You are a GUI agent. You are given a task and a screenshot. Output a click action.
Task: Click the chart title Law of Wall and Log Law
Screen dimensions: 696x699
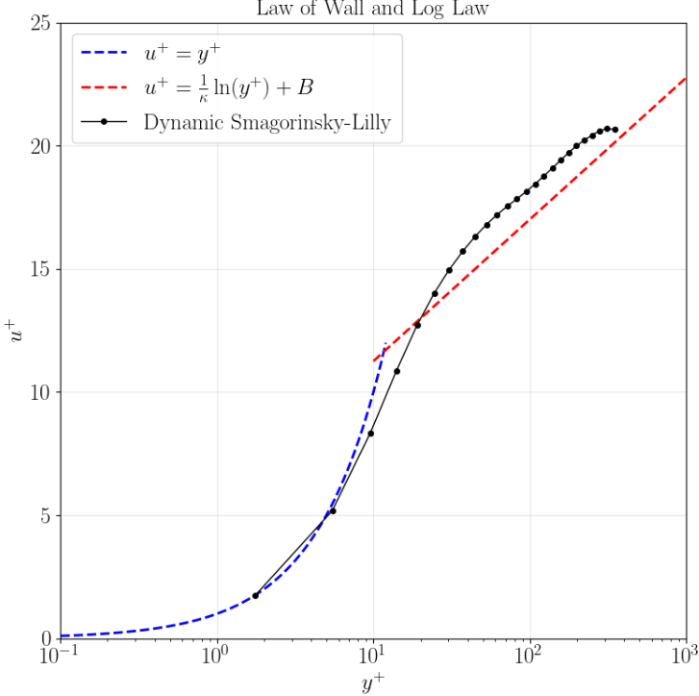point(372,10)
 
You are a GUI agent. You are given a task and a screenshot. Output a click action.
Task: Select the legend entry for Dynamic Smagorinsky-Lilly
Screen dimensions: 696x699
point(266,122)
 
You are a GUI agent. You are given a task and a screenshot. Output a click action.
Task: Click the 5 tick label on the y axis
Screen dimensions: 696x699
point(44,515)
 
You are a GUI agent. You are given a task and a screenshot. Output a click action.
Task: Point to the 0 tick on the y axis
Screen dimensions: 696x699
point(44,638)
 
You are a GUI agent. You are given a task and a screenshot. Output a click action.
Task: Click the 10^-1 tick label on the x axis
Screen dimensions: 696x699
point(60,658)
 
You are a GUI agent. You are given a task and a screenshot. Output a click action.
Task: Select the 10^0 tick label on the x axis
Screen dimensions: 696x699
point(216,658)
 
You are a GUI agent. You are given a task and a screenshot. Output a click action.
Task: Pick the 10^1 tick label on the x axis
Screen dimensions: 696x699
point(373,658)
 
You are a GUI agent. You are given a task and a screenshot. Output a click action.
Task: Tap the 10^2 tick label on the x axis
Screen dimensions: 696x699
point(529,658)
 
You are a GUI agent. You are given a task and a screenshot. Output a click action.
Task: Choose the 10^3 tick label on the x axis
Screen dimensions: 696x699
point(685,658)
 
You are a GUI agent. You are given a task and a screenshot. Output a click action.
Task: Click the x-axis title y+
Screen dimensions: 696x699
point(372,683)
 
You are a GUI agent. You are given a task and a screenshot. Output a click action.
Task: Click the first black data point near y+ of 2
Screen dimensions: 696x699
point(256,596)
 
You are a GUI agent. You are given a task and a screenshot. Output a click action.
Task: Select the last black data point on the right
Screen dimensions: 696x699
point(615,130)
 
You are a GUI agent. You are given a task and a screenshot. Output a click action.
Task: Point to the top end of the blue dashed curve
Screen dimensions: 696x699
point(386,344)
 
